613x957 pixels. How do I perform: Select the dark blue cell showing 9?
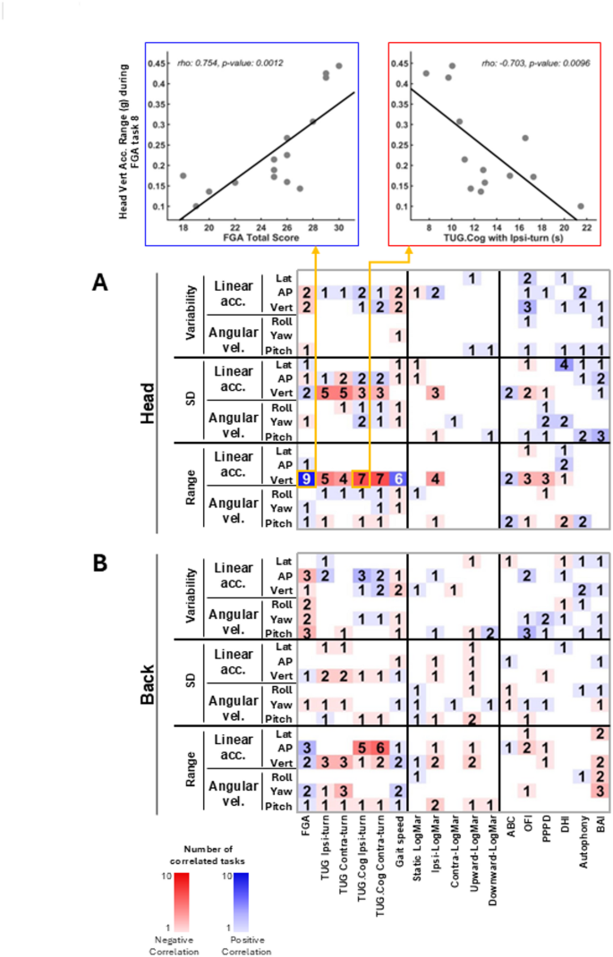click(306, 478)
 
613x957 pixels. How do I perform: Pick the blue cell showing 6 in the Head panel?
click(398, 478)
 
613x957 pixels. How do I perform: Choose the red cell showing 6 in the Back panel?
click(380, 748)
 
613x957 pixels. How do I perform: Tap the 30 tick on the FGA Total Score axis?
click(338, 227)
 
